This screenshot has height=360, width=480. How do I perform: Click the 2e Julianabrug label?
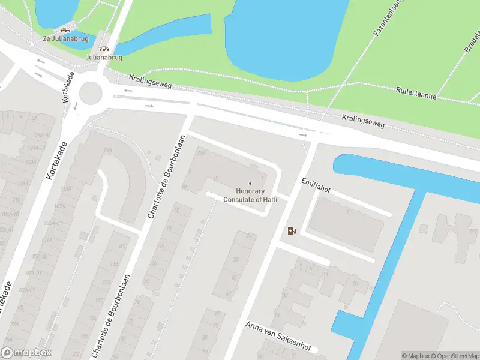pyautogui.click(x=65, y=38)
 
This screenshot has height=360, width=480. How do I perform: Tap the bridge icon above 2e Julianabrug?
pyautogui.click(x=65, y=29)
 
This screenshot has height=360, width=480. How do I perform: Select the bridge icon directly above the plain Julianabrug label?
pyautogui.click(x=104, y=49)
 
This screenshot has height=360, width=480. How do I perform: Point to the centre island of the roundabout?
pyautogui.click(x=91, y=92)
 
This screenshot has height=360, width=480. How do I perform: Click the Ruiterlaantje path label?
pyautogui.click(x=416, y=93)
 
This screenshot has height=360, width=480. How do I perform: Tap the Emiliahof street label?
pyautogui.click(x=316, y=186)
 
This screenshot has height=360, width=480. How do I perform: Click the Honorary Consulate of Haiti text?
pyautogui.click(x=250, y=196)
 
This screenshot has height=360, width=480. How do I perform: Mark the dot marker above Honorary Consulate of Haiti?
pyautogui.click(x=250, y=184)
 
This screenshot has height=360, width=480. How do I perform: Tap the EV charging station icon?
pyautogui.click(x=292, y=230)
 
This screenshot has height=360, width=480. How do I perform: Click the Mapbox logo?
pyautogui.click(x=26, y=353)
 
